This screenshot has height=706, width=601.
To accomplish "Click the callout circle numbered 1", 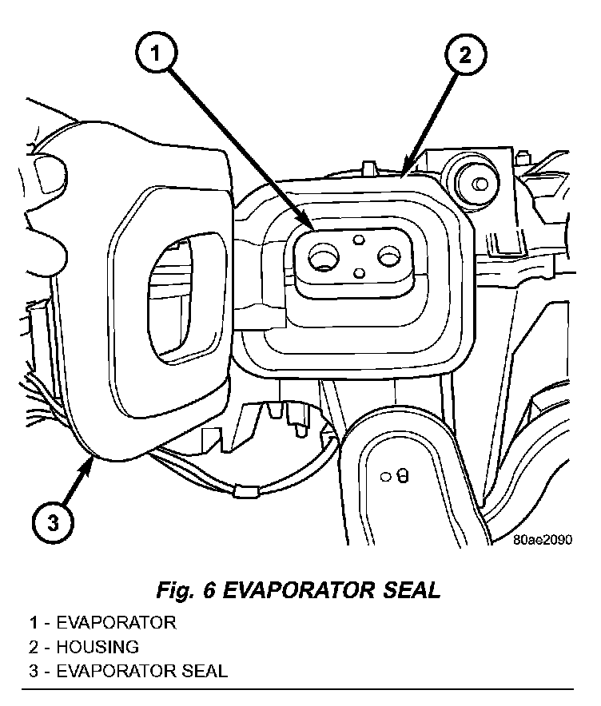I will tap(158, 55).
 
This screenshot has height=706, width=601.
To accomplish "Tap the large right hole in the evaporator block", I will tap(389, 256).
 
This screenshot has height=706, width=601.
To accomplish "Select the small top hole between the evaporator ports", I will tap(359, 240).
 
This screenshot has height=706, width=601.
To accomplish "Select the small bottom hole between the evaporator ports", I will tap(359, 273).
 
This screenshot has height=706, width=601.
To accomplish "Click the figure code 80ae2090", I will tap(543, 539).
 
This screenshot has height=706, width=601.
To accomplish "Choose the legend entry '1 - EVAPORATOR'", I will tap(103, 622).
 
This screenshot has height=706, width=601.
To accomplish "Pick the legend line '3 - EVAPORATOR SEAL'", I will tap(129, 670).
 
